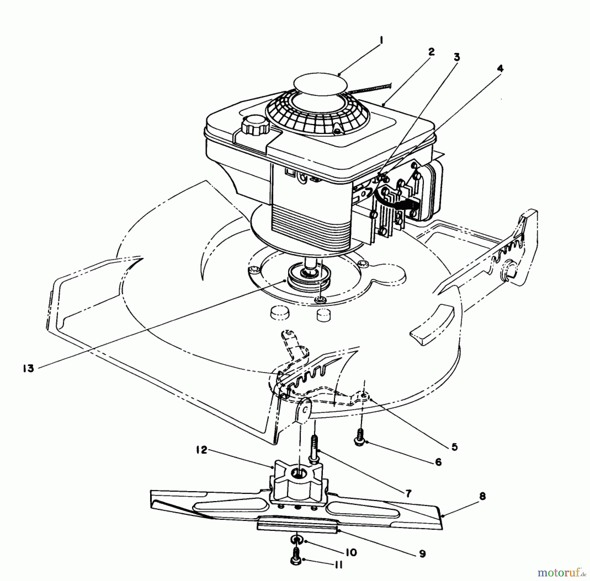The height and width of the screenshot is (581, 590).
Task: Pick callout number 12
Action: (x=202, y=450)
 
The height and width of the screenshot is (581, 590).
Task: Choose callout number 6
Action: (x=438, y=462)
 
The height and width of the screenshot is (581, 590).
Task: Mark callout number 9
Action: (x=422, y=554)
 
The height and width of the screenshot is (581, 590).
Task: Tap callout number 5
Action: (x=454, y=447)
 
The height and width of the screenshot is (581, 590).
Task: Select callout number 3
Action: (x=457, y=57)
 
